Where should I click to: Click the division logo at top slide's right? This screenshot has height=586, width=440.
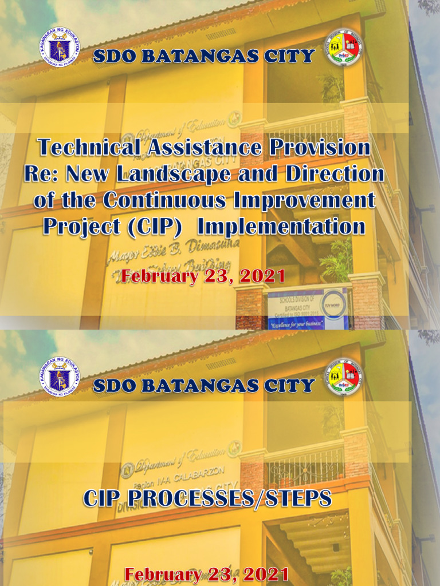(x=344, y=47)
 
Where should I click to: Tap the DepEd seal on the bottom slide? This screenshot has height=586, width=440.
(x=60, y=376)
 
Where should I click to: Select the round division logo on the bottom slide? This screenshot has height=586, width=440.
(x=344, y=376)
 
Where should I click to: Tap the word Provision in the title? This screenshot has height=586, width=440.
(x=316, y=147)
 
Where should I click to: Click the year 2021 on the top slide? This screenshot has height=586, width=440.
(x=262, y=276)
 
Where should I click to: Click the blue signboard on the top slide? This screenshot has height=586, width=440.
(x=308, y=308)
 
